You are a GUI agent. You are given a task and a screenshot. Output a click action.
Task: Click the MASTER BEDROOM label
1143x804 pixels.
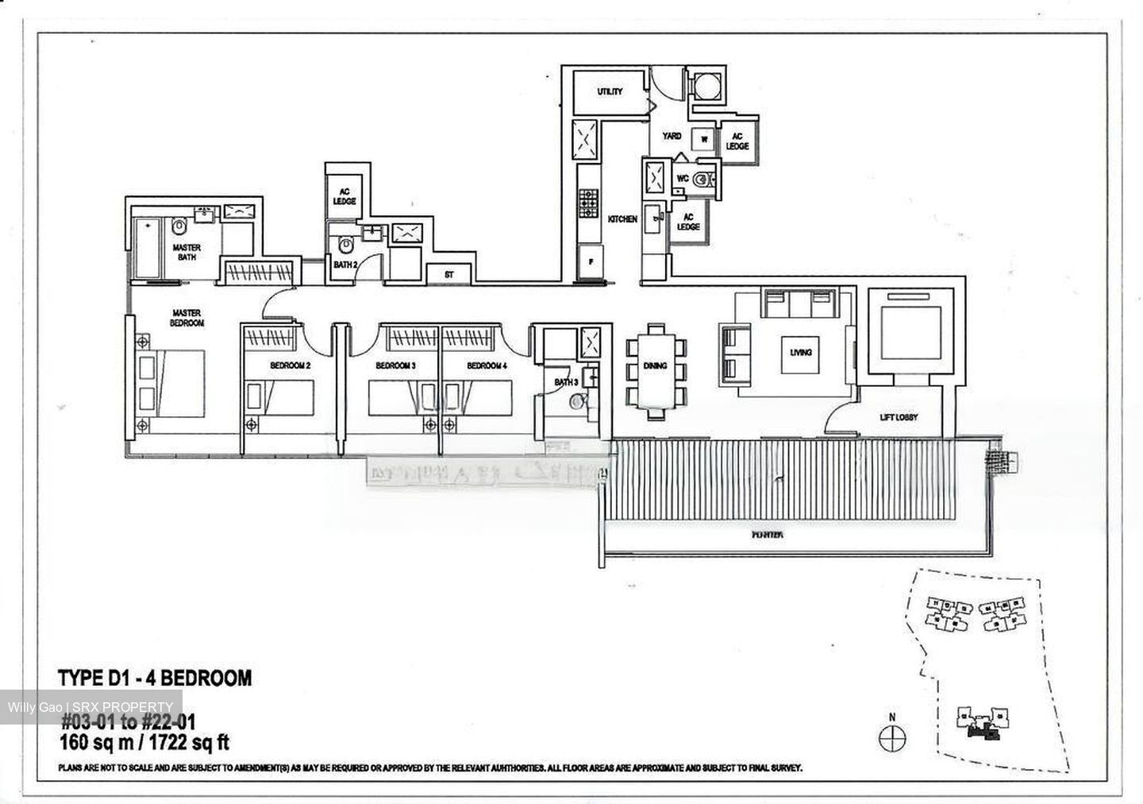click(187, 318)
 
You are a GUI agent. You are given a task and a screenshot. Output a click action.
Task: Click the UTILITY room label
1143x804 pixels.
click(610, 92)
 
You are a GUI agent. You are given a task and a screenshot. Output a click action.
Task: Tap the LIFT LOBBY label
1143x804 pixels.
click(899, 416)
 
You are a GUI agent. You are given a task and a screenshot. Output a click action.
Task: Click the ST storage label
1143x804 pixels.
click(448, 275)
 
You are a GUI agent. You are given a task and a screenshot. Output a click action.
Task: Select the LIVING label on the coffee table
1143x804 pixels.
click(800, 352)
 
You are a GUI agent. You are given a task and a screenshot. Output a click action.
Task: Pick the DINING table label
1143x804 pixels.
click(655, 366)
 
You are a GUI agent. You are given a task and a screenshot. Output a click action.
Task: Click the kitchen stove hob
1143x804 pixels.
click(588, 203)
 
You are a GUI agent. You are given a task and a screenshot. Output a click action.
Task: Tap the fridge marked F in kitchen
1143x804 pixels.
click(590, 261)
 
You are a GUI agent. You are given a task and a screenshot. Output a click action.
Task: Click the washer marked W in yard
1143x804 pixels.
click(703, 139)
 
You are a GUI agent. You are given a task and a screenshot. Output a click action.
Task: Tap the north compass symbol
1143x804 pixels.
click(891, 736)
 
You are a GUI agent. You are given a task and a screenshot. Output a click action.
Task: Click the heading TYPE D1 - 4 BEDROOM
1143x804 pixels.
click(155, 678)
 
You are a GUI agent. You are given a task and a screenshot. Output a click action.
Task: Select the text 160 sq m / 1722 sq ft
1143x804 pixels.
click(144, 744)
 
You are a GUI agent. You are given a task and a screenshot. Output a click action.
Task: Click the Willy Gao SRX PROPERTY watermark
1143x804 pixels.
click(90, 707)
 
